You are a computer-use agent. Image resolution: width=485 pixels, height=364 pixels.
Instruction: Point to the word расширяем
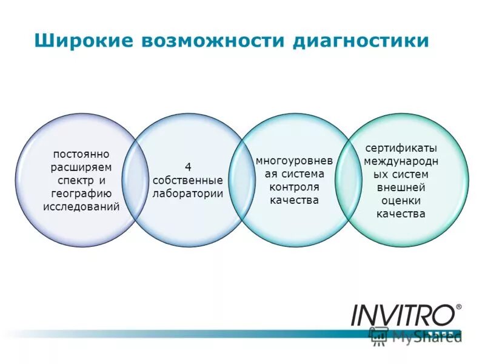(x=81, y=168)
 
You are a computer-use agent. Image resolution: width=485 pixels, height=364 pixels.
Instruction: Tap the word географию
(x=81, y=194)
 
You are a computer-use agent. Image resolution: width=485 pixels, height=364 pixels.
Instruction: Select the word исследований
(x=81, y=206)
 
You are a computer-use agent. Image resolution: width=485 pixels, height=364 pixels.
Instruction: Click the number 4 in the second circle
(x=188, y=167)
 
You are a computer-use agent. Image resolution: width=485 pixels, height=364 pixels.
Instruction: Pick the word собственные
(x=188, y=181)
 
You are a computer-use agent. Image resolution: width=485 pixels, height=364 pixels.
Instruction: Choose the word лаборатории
(x=188, y=194)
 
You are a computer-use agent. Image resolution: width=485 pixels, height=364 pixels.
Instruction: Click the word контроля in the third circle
(x=293, y=187)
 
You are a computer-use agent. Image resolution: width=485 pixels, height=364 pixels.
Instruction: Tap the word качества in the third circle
(x=293, y=200)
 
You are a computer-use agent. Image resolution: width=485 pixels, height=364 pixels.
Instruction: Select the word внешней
(x=401, y=187)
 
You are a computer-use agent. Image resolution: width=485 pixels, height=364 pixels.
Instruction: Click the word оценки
(x=401, y=200)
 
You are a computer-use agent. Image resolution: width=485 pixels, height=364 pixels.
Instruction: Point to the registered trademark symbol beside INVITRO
(x=458, y=307)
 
